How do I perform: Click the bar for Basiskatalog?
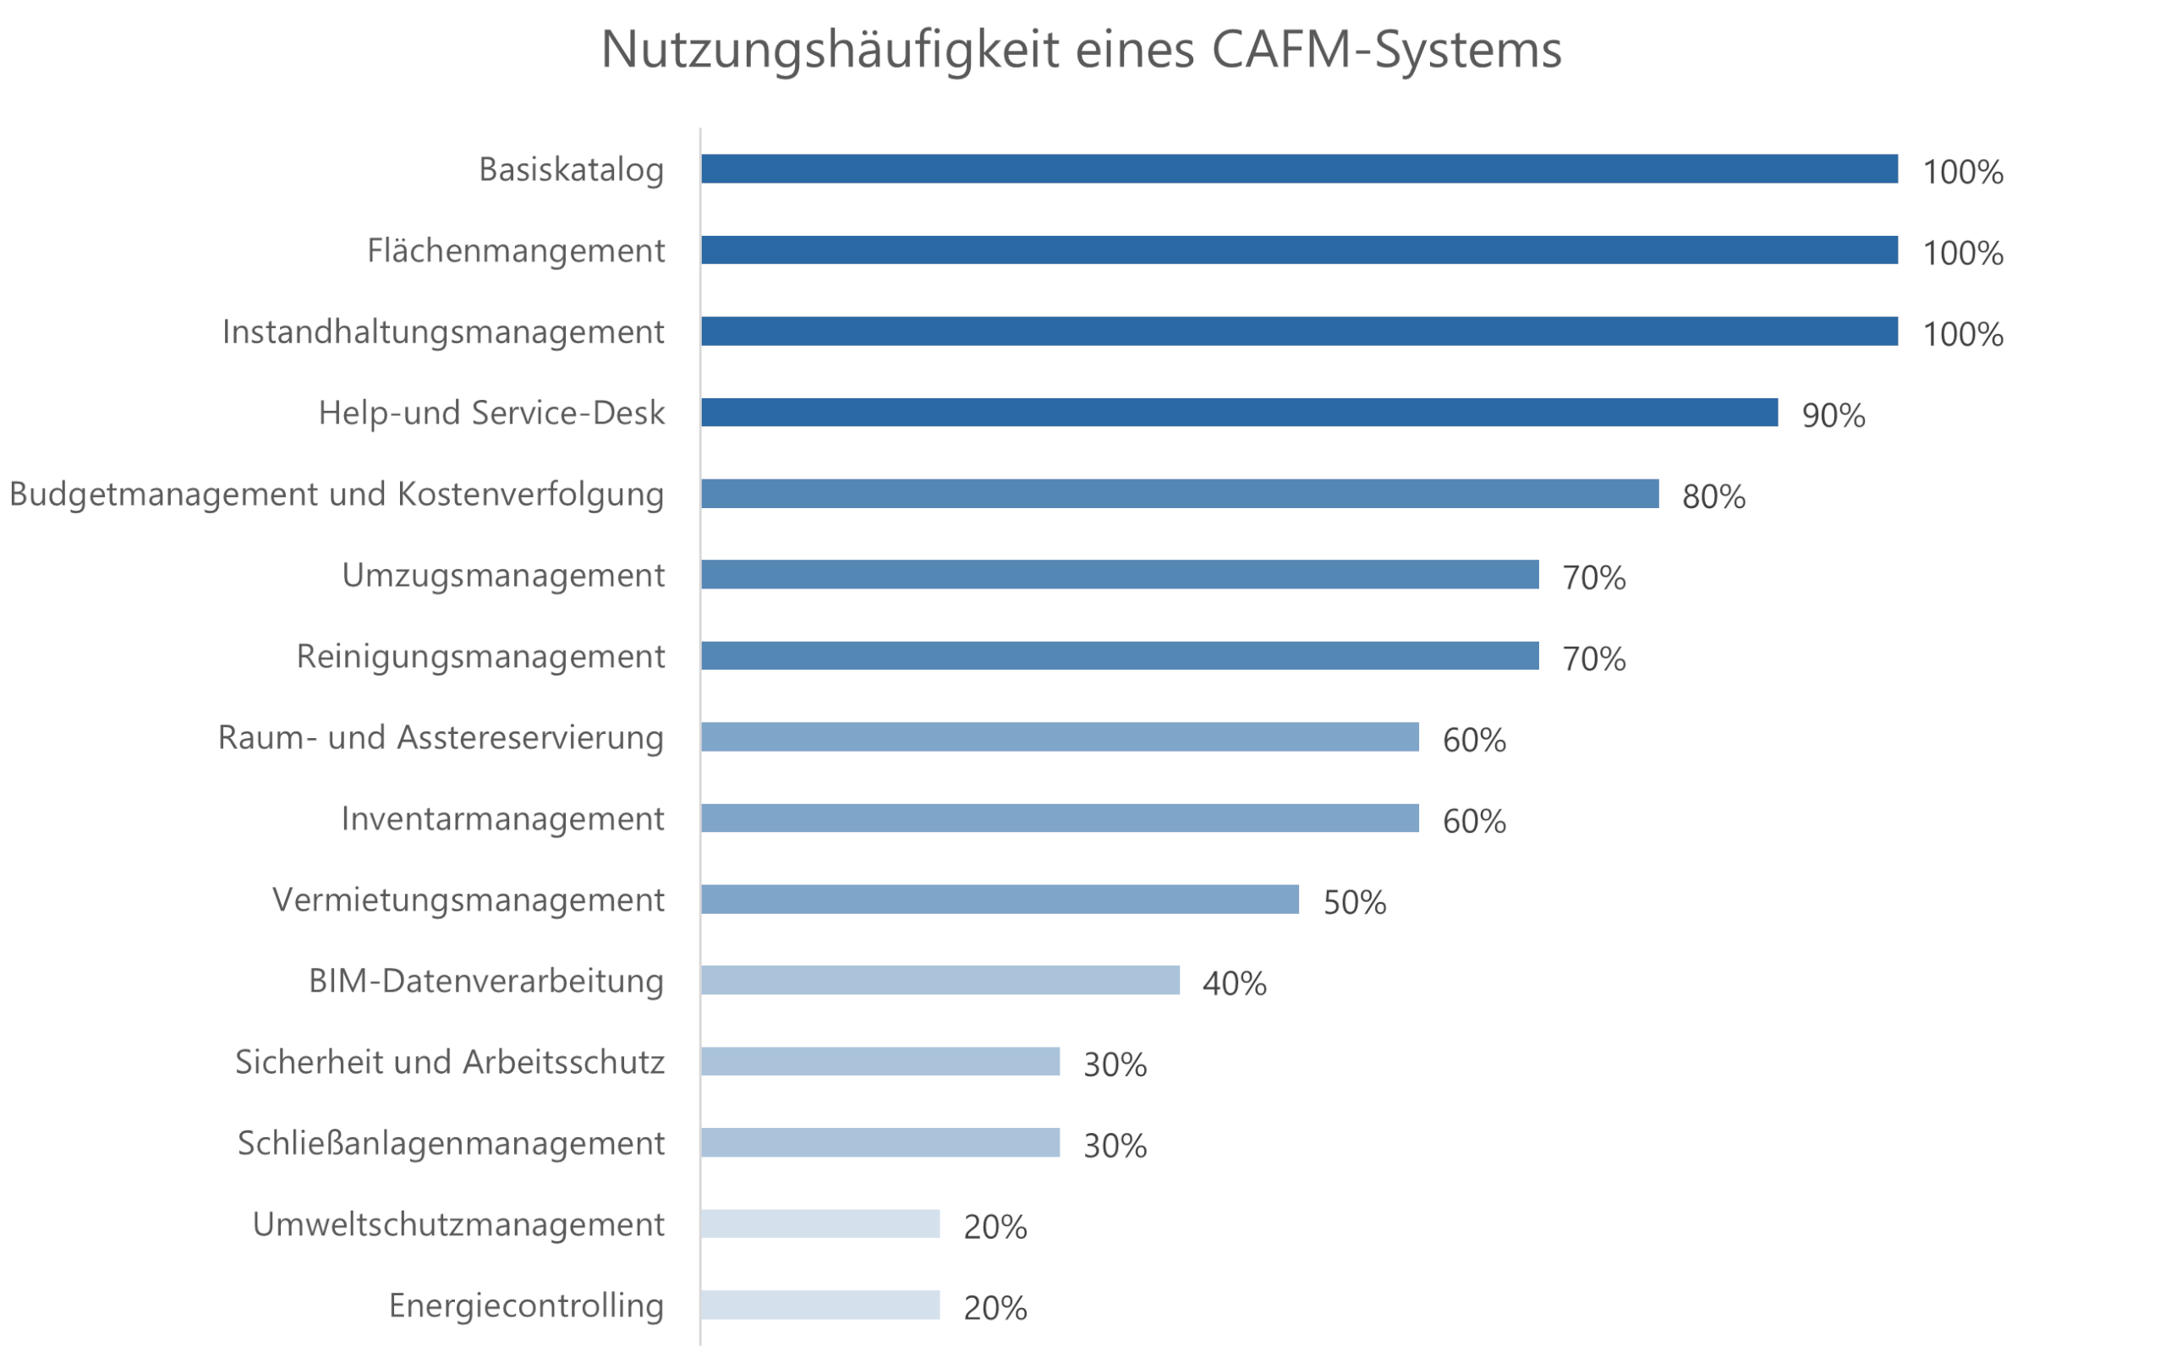[1298, 169]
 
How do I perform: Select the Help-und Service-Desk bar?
[1239, 412]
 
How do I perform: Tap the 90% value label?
[1833, 415]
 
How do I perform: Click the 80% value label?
[1713, 496]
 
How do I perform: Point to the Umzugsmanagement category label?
[502, 575]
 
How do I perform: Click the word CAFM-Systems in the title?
[1386, 49]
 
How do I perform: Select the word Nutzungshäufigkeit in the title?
[830, 49]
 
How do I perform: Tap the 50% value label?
[1354, 902]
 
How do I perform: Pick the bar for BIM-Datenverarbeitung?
[939, 980]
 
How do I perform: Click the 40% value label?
[1234, 983]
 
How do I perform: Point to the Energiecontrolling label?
[526, 1305]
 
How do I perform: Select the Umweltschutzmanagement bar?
[819, 1223]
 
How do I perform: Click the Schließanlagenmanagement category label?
[451, 1143]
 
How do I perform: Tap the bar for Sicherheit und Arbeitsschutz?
[880, 1061]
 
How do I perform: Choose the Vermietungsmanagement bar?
[999, 900]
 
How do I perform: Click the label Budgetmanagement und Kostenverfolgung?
[337, 495]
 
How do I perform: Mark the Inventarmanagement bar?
[1059, 818]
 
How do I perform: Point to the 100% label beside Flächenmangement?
[1962, 253]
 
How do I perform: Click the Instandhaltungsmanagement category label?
[443, 332]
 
